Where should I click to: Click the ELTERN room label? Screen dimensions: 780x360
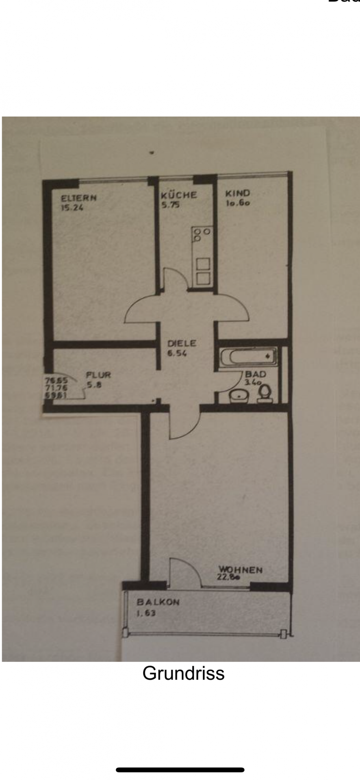(x=79, y=198)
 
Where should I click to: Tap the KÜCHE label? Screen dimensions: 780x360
(x=179, y=195)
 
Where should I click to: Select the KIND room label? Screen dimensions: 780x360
(x=238, y=193)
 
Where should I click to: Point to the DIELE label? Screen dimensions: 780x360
(x=182, y=344)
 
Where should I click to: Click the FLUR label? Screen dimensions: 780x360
(x=98, y=375)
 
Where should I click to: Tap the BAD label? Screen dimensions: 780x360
(x=256, y=374)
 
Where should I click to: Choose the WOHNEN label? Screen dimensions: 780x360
(x=241, y=570)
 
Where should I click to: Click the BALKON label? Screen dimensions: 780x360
(x=158, y=602)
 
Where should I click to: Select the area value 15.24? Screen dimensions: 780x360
(x=72, y=208)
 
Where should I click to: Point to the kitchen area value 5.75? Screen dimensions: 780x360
(x=171, y=205)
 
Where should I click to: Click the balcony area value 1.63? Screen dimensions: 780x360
(x=146, y=613)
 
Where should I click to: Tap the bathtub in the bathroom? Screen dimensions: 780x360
(x=248, y=357)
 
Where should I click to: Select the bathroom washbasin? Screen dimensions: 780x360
(x=239, y=395)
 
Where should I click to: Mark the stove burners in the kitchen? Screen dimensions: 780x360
(x=201, y=234)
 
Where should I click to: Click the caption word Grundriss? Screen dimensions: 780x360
(x=183, y=673)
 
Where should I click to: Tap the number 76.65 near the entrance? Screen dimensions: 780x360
(x=56, y=381)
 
